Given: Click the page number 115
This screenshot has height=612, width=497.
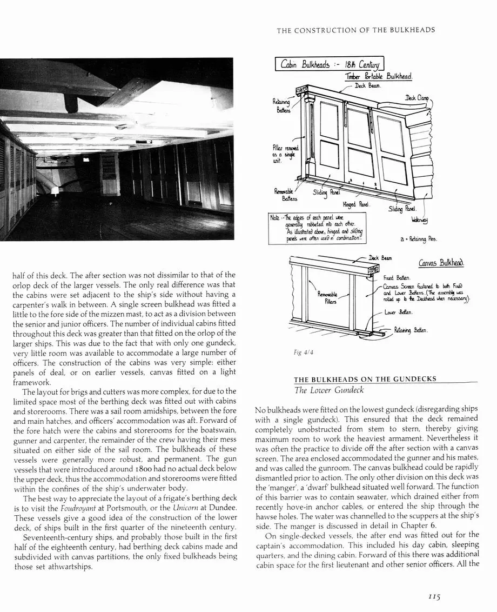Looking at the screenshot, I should coord(433,597).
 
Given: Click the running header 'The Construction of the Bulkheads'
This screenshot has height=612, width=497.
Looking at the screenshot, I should coord(356,30).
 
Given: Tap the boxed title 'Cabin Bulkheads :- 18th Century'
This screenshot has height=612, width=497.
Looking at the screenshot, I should coord(330,65).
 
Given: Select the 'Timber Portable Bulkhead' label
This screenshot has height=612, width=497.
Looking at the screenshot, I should coord(379,77).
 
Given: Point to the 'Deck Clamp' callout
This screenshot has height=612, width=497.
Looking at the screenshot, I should coord(417,98).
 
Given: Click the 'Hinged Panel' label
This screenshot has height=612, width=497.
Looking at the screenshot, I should coord(356,204).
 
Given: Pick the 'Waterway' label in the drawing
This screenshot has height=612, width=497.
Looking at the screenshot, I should coord(419,220).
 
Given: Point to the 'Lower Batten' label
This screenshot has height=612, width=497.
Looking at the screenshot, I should coord(398,312).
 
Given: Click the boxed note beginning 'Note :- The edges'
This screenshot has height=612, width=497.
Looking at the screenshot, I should coord(317,229).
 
